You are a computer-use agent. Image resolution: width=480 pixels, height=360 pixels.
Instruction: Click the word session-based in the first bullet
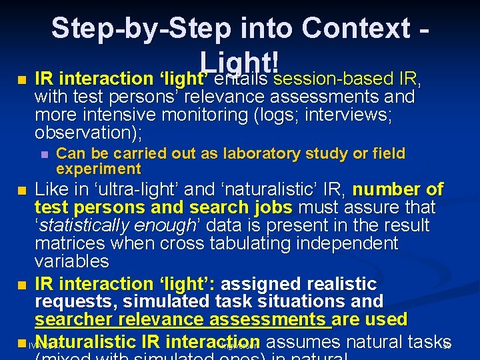pyautogui.click(x=332, y=79)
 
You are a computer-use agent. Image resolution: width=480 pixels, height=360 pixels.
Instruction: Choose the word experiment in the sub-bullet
pyautogui.click(x=99, y=169)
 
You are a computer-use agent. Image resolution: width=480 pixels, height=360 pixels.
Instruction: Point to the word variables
pyautogui.click(x=71, y=261)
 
